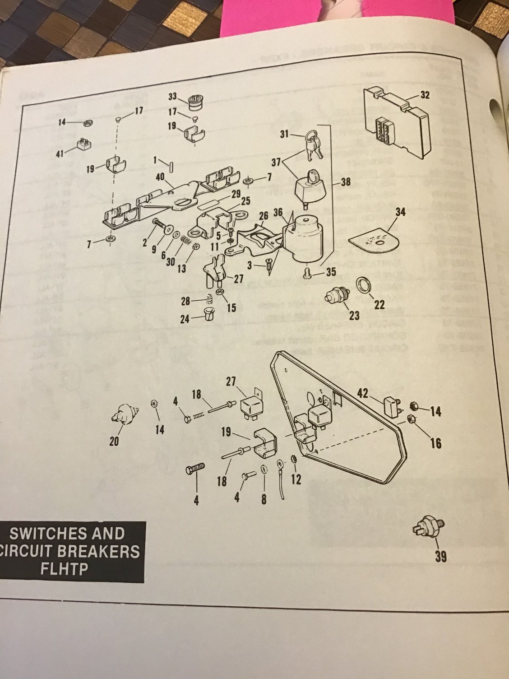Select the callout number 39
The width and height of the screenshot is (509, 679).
(441, 557)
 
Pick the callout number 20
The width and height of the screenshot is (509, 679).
(114, 441)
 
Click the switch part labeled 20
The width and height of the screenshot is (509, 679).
(124, 414)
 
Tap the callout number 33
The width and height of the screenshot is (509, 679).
(173, 96)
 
